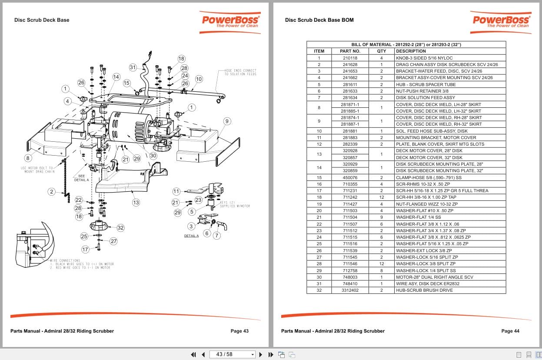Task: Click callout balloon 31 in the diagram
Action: pyautogui.click(x=133, y=67)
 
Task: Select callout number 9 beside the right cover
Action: pyautogui.click(x=226, y=121)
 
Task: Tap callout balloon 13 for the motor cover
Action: pyautogui.click(x=136, y=202)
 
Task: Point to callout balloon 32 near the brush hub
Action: pyautogui.click(x=120, y=227)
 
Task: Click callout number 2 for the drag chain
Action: pyautogui.click(x=51, y=192)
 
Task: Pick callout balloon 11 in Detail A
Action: pyautogui.click(x=176, y=191)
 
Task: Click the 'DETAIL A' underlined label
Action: pyautogui.click(x=191, y=236)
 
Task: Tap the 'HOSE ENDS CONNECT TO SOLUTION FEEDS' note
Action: pyautogui.click(x=240, y=72)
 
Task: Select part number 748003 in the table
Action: pyautogui.click(x=350, y=277)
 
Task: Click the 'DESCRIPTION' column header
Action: pyautogui.click(x=411, y=51)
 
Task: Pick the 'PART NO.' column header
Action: pyautogui.click(x=350, y=51)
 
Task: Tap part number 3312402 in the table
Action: pyautogui.click(x=350, y=290)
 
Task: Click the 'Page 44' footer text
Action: pyautogui.click(x=510, y=331)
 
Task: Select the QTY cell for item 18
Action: pyautogui.click(x=381, y=197)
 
